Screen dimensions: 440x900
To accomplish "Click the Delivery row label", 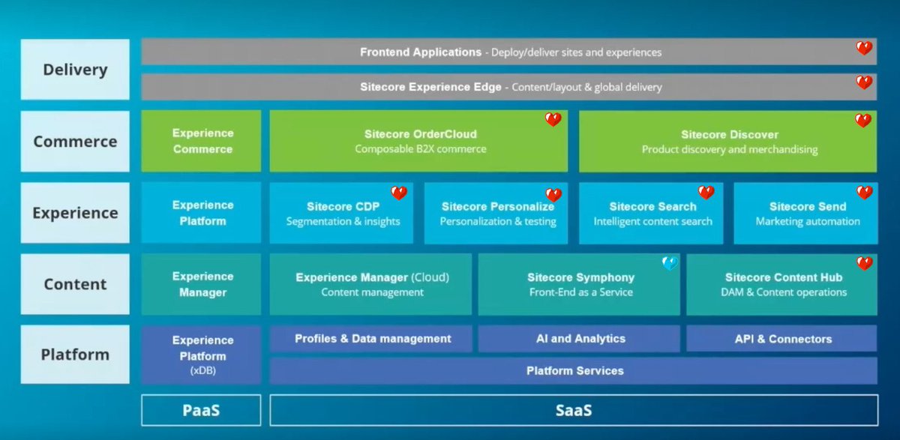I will click(75, 70).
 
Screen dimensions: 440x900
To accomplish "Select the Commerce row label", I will click(75, 141).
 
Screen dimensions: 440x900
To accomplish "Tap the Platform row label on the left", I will click(75, 355).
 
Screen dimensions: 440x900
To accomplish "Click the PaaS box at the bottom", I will click(201, 410).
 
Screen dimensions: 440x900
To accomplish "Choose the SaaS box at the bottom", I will click(573, 410).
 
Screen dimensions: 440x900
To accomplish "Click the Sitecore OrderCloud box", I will click(418, 141).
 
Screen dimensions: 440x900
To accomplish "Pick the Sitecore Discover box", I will click(728, 141).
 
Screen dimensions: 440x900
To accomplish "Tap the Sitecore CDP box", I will click(342, 214).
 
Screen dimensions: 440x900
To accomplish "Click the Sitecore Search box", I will click(651, 214).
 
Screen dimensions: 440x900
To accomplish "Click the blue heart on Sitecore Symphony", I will click(670, 263).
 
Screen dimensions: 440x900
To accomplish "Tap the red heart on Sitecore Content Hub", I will click(864, 263).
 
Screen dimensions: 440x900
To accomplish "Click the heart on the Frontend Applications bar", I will click(864, 48).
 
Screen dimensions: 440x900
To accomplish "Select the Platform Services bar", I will click(574, 370).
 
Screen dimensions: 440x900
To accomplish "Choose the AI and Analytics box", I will click(580, 339).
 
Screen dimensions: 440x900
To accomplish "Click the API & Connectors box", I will click(782, 339).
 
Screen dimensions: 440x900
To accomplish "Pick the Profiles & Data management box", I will click(372, 339).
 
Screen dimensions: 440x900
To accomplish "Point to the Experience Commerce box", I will click(202, 141).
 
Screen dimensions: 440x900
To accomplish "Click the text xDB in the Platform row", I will click(202, 371).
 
